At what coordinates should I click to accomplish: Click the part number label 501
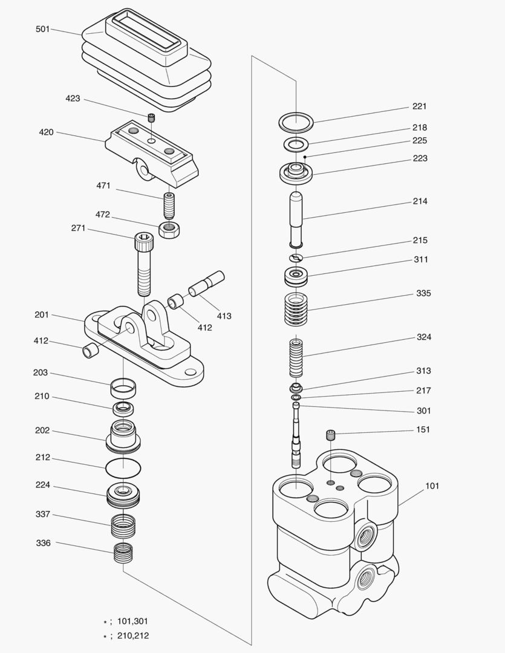43,28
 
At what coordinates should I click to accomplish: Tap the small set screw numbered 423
152,117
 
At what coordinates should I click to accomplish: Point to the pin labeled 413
206,284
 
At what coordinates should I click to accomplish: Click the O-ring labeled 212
123,467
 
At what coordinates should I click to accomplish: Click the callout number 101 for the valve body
432,486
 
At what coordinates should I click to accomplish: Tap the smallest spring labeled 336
123,553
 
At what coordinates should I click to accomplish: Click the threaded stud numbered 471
169,206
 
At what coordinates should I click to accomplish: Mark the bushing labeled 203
123,387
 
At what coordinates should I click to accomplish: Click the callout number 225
420,140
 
